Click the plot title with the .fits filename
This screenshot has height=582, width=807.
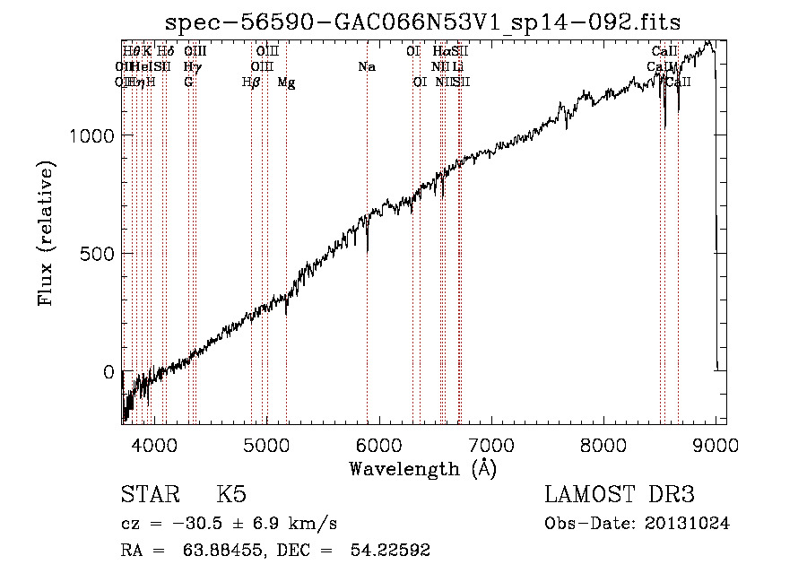424,22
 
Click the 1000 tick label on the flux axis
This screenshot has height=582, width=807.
91,135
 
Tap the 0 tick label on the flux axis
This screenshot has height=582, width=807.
108,372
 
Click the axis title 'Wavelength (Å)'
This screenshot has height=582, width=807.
422,468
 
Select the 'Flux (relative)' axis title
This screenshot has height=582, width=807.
47,233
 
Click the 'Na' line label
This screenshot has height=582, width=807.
366,67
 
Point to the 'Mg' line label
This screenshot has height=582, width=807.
286,83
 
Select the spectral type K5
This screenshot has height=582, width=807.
231,495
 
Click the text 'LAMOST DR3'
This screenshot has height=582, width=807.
620,495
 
